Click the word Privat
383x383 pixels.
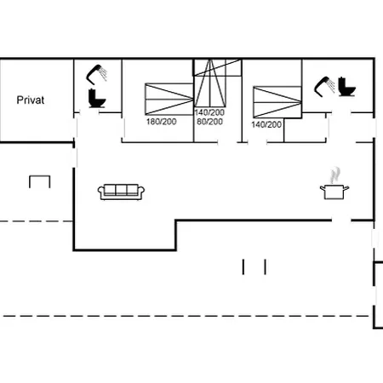click(31, 100)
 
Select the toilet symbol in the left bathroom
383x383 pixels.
click(97, 98)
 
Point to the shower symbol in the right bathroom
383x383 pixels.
click(324, 86)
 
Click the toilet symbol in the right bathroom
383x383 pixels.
click(346, 87)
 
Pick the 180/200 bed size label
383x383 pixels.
click(161, 122)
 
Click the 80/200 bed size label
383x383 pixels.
click(209, 122)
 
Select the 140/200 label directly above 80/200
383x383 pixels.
click(209, 112)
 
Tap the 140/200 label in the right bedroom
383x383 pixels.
click(266, 124)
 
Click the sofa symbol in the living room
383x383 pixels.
click(121, 192)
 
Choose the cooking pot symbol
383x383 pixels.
click(334, 191)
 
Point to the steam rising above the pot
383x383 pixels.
click(335, 175)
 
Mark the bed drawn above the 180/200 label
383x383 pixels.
click(169, 100)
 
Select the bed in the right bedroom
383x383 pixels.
click(277, 102)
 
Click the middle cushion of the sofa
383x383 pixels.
click(121, 190)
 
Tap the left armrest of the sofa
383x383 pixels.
click(101, 192)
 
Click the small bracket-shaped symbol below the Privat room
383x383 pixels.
click(40, 176)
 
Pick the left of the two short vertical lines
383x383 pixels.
click(243, 266)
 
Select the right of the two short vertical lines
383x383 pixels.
click(265, 266)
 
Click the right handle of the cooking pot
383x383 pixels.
click(346, 188)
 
